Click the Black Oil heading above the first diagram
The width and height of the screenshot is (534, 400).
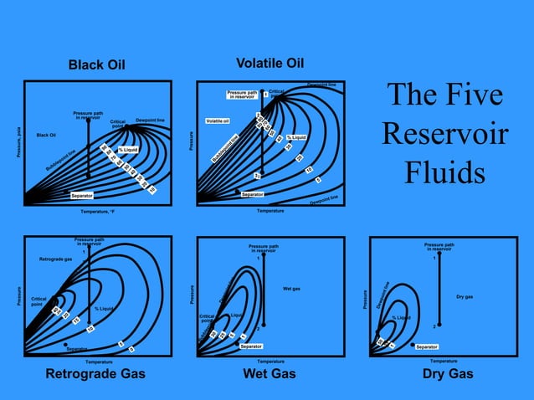coord(96,65)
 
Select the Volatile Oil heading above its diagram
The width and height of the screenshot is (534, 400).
coord(270,64)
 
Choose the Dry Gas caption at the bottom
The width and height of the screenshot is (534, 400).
coord(449,374)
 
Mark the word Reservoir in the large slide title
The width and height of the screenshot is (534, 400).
coord(444,134)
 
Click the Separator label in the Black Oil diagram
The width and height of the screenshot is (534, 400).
coord(82,195)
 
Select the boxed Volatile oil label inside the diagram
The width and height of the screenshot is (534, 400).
coord(218,121)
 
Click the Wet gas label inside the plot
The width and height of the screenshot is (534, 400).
coord(292,289)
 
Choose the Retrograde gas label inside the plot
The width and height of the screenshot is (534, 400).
coord(56,259)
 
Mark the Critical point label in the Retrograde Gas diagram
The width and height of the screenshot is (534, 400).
coord(39,301)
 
